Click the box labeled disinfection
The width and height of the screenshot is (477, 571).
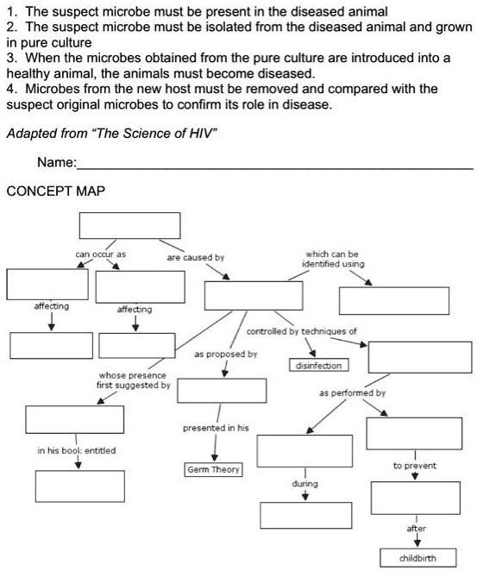318,366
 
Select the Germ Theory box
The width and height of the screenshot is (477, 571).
213,469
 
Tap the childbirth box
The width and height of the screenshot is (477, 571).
417,557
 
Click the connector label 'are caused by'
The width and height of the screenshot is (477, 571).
195,257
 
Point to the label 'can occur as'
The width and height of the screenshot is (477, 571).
100,255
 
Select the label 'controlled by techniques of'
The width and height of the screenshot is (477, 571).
301,331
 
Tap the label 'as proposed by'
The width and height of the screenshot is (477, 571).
225,354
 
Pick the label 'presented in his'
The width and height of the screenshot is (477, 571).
216,428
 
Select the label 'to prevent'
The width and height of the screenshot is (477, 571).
414,465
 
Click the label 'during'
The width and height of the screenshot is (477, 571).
305,484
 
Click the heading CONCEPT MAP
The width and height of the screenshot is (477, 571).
55,191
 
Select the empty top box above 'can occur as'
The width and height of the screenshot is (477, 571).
130,225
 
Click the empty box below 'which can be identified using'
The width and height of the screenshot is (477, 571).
393,300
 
